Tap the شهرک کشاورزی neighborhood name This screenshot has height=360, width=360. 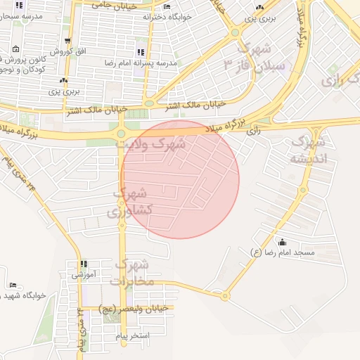pos(129,202)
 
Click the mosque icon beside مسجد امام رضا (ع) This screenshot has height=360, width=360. pos(283,242)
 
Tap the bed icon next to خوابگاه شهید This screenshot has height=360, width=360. pos(13,285)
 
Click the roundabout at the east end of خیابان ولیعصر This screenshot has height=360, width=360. pos(225,296)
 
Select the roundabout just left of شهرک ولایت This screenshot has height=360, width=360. pos(121,133)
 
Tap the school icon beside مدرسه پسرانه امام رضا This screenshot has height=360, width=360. pos(141,52)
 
